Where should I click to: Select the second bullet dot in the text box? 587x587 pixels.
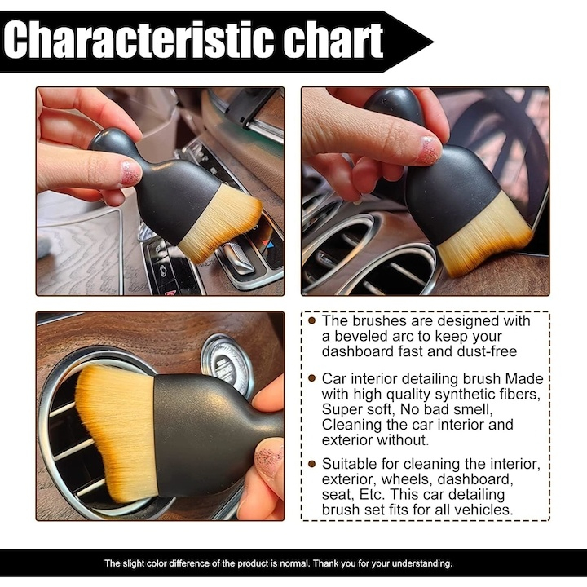click(x=312, y=379)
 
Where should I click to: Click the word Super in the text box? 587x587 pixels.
click(x=342, y=410)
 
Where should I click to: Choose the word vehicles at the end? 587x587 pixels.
click(x=483, y=510)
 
